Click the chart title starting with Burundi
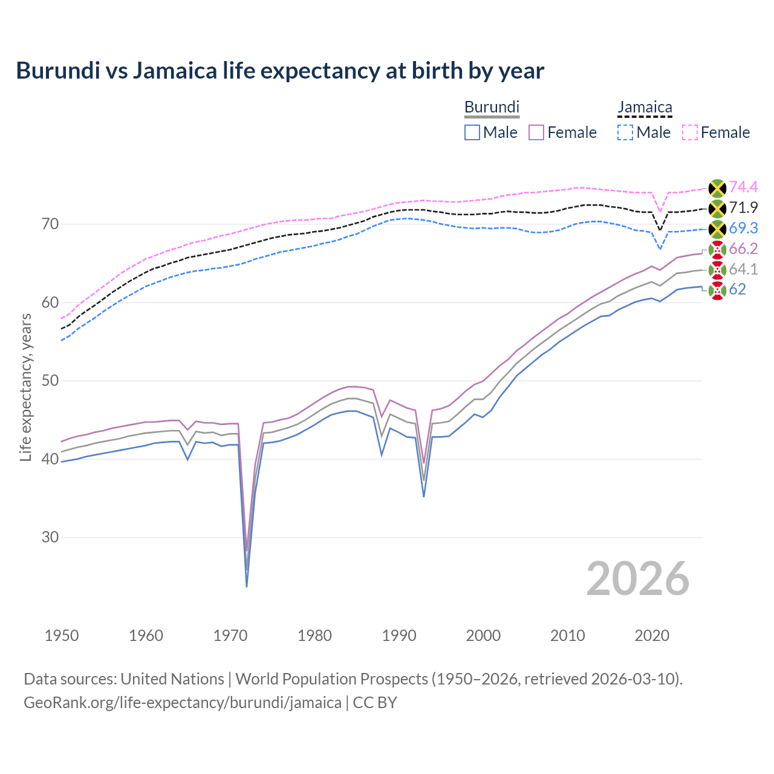click(280, 71)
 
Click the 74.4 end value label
click(743, 187)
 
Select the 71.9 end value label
click(743, 208)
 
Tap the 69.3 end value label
click(743, 229)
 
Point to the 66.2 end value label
click(743, 249)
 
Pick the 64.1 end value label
click(743, 270)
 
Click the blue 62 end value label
click(737, 290)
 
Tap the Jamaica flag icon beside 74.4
click(717, 188)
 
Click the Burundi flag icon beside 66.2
click(717, 250)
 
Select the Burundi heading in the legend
click(492, 108)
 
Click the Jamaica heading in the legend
click(645, 108)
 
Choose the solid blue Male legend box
click(472, 132)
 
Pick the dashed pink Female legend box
click(690, 132)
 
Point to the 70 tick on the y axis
click(50, 224)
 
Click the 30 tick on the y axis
click(50, 537)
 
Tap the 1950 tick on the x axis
click(62, 636)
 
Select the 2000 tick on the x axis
click(483, 636)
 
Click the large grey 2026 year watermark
click(638, 579)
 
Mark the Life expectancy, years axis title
click(26, 387)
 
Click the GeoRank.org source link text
click(183, 703)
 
